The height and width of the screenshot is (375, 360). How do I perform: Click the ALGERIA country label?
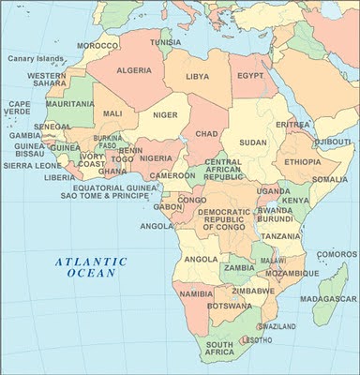pos(134,70)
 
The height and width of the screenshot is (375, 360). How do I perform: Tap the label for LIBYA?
pos(198,75)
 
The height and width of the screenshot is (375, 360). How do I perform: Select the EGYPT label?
pos(249,75)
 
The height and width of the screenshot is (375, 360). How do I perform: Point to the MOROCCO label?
pos(97,45)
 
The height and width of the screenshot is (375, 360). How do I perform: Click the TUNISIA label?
pos(166,42)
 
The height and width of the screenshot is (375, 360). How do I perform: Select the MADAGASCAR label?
pos(330,299)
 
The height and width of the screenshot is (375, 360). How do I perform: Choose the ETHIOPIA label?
pos(302,161)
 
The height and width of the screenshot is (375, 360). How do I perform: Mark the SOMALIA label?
pos(329,178)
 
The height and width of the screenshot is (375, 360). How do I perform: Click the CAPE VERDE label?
pos(19,108)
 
